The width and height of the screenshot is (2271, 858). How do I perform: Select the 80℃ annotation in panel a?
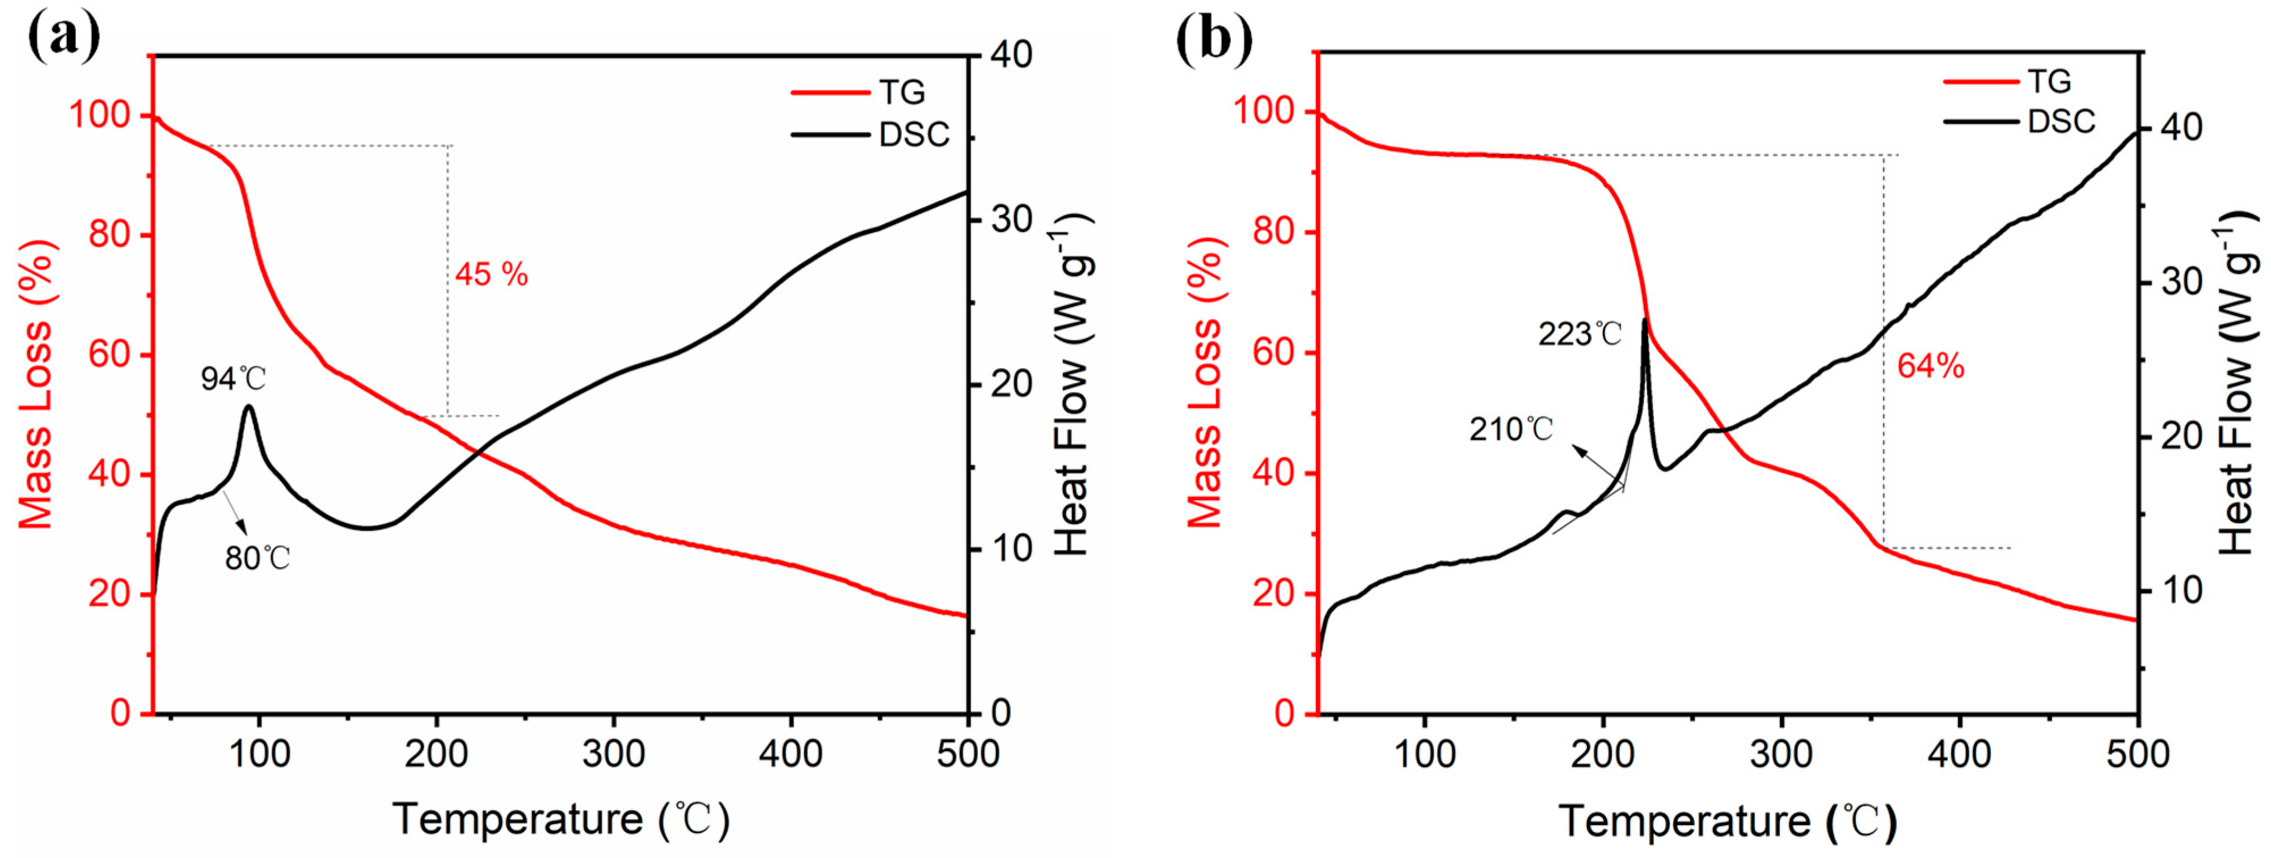point(258,558)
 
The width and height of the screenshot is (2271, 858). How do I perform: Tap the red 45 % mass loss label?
point(491,275)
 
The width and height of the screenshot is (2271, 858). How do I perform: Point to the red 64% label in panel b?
point(1931,366)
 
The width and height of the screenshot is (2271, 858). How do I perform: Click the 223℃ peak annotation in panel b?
point(1580,334)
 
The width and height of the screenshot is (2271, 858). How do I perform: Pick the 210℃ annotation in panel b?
point(1511,429)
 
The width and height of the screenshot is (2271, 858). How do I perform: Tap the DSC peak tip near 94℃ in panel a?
point(248,407)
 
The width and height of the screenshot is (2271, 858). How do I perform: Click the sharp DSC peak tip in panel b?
point(1645,320)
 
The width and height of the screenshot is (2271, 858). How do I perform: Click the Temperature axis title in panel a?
point(561,819)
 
